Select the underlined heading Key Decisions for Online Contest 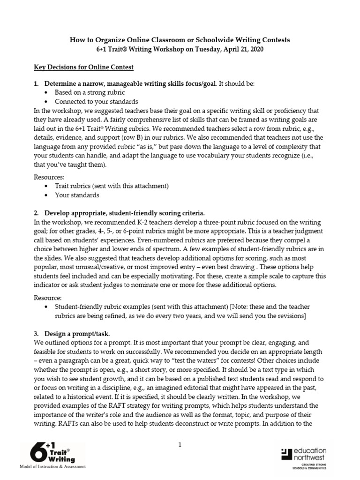pos(84,67)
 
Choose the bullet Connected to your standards pos(96,102)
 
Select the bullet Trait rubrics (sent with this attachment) pos(112,186)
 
